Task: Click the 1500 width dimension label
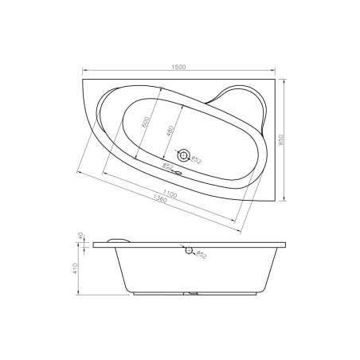point(180,67)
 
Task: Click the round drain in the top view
point(185,155)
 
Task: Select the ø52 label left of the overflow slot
point(167,166)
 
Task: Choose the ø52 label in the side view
point(201,256)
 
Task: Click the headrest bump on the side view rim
point(122,239)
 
